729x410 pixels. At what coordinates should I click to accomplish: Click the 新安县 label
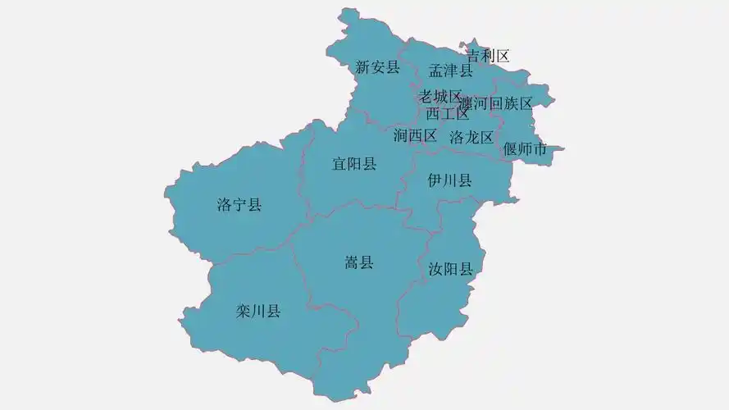[377, 67]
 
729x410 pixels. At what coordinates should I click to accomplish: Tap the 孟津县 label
[451, 71]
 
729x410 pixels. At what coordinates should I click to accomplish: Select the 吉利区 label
[488, 56]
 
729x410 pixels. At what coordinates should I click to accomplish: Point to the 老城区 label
[441, 97]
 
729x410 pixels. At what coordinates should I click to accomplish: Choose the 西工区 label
[448, 114]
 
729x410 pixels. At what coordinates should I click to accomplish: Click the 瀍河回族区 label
[496, 103]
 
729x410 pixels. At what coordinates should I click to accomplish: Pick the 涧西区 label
[415, 135]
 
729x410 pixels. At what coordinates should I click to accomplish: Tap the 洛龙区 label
[472, 137]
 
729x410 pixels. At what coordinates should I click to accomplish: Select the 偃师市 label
[525, 149]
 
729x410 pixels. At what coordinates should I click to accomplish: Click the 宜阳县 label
[354, 164]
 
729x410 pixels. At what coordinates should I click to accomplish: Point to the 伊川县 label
[450, 180]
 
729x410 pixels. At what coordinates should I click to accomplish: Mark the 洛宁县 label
[239, 205]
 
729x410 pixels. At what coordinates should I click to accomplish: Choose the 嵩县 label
[358, 262]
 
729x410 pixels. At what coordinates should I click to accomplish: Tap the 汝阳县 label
[451, 269]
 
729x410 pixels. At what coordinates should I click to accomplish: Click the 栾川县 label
[258, 311]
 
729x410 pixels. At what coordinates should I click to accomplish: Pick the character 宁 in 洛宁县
[239, 205]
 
